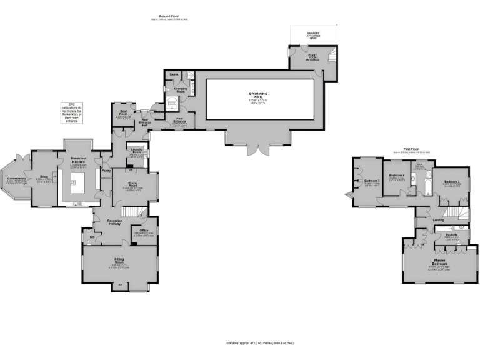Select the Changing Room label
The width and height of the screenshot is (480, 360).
click(181, 91)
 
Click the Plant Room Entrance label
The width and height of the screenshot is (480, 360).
click(311, 57)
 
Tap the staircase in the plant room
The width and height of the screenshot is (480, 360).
click(329, 57)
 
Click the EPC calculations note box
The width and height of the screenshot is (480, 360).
click(72, 111)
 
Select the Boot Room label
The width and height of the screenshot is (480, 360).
click(124, 113)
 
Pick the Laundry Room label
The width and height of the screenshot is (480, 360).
click(137, 152)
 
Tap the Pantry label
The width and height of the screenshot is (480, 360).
click(106, 170)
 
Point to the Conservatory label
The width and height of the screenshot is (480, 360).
click(16, 179)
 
